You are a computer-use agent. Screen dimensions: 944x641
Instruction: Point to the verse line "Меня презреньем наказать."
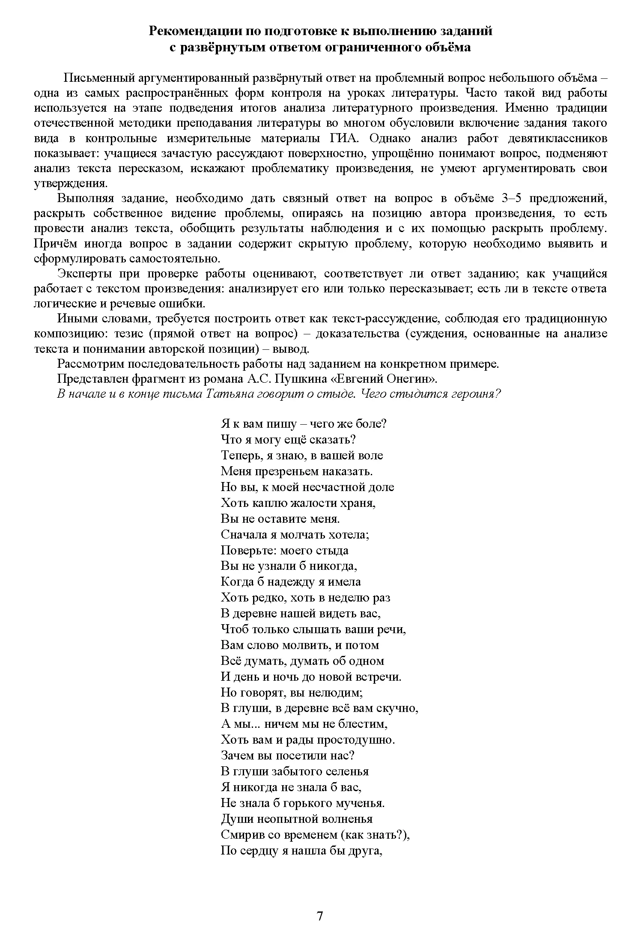click(297, 471)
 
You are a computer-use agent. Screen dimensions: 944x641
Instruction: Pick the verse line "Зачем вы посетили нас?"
click(288, 755)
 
